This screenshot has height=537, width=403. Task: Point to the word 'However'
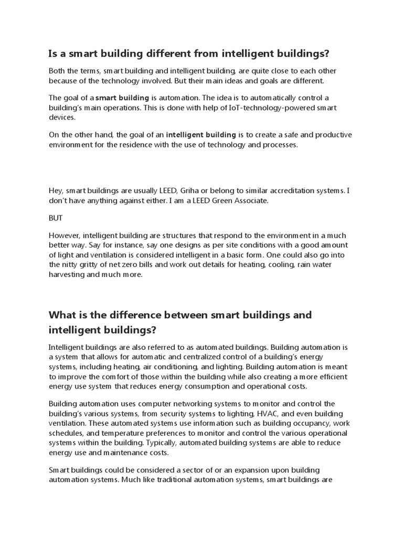(x=65, y=235)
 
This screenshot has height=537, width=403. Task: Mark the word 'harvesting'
(x=67, y=274)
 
